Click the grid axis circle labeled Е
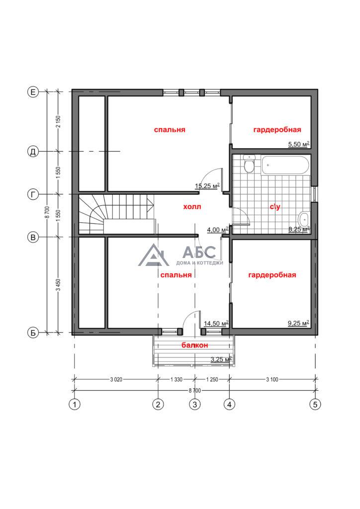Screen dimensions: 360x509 pos(32,92)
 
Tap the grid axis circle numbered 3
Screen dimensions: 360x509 pos(195,405)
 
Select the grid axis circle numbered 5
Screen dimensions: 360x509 pos(315,405)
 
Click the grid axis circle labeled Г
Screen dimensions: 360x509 pos(32,194)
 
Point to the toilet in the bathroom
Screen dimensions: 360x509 pos(249,164)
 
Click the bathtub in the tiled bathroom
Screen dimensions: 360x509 pos(285,166)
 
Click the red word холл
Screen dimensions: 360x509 pos(192,206)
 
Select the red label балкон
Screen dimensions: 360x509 pos(195,345)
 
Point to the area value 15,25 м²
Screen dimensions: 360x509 pos(207,186)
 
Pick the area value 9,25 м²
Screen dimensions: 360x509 pos(298,323)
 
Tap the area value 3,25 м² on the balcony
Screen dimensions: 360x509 pos(221,359)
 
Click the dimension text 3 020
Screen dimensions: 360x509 pos(116,379)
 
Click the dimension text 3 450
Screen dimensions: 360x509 pos(59,285)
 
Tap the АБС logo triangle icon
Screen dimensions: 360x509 pos(153,255)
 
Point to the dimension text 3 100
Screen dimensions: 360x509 pos(272,379)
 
